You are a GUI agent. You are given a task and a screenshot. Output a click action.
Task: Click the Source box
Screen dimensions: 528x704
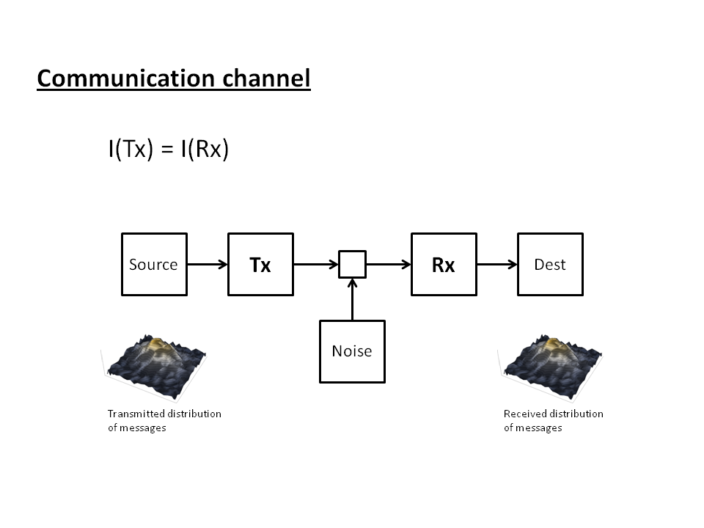(154, 264)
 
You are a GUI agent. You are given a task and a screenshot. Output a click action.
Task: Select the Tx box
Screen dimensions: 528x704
(260, 264)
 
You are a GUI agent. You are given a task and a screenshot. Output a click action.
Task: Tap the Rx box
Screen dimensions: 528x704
(444, 264)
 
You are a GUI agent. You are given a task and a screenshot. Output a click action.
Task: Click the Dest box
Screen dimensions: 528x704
(550, 264)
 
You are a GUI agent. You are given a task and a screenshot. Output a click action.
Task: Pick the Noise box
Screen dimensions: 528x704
(352, 351)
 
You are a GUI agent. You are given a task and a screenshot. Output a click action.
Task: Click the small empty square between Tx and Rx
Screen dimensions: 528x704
(352, 264)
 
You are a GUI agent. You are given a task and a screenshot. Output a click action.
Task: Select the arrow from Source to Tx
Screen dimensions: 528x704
(208, 264)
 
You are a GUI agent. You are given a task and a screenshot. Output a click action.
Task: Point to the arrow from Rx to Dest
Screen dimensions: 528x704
(497, 264)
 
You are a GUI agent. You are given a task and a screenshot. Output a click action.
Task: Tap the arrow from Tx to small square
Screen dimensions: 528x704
(315, 264)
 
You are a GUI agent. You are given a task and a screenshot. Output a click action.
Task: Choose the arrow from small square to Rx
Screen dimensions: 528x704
(389, 264)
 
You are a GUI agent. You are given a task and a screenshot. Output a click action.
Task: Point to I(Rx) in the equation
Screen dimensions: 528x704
(205, 150)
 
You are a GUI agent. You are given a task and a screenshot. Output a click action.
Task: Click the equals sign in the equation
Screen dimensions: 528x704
(167, 150)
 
